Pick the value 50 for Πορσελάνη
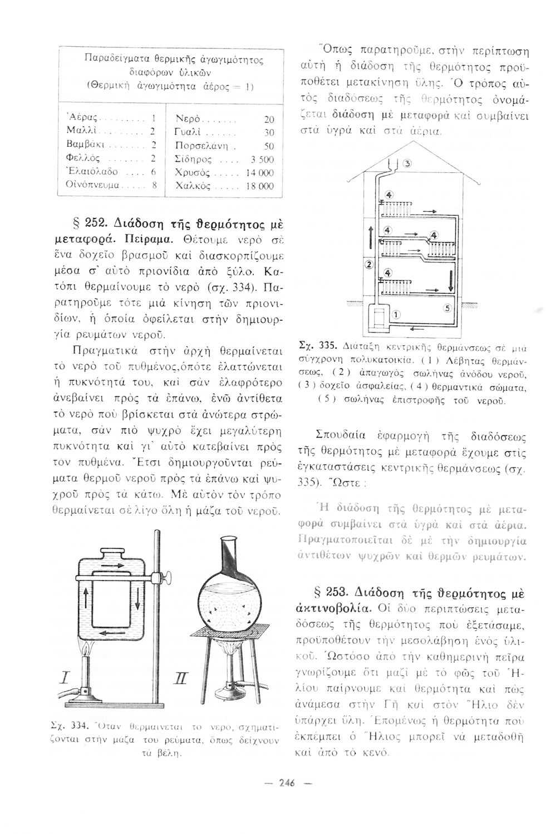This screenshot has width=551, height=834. pyautogui.click(x=269, y=146)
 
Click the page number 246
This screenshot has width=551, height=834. pyautogui.click(x=287, y=783)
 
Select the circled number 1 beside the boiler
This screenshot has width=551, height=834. pyautogui.click(x=396, y=314)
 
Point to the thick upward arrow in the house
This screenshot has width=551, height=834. pyautogui.click(x=370, y=237)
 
